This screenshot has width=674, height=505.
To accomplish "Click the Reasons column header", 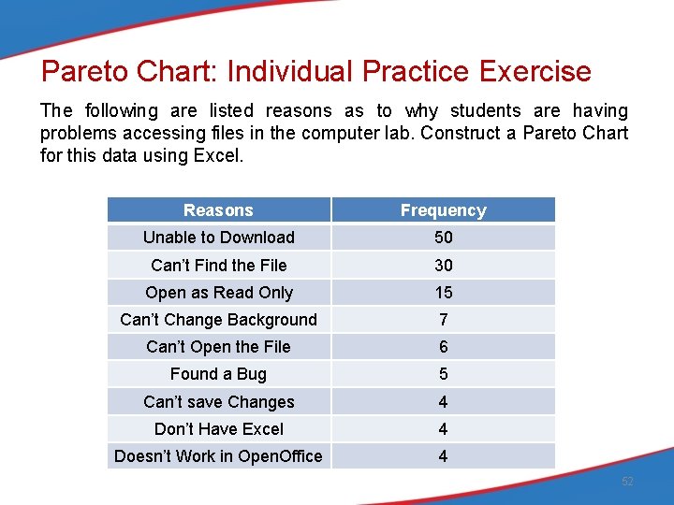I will (218, 210).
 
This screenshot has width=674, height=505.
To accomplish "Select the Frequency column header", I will (443, 210).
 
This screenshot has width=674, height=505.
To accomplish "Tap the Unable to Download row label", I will (218, 238).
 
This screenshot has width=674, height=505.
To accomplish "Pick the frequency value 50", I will (443, 238).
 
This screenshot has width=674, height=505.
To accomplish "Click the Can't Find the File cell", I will (218, 266).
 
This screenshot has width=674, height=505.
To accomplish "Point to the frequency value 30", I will (443, 266).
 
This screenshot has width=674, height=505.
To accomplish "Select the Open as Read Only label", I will (218, 293).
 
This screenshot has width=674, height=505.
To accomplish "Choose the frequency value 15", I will (443, 293).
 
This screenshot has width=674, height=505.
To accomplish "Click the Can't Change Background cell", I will (218, 320).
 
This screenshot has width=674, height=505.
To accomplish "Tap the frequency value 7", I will (443, 320).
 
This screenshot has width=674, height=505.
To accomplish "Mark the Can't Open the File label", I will (218, 347).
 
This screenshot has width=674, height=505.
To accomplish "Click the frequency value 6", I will (443, 347).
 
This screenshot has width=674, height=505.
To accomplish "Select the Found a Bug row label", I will (218, 374).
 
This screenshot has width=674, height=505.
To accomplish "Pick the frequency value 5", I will (443, 374).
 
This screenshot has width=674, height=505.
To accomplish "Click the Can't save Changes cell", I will (218, 402).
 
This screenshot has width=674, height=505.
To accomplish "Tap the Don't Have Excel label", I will (218, 429).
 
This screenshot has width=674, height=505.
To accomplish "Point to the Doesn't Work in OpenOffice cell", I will (218, 456).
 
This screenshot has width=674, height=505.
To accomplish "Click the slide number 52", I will (627, 482).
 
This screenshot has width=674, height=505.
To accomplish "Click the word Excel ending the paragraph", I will (216, 155).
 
